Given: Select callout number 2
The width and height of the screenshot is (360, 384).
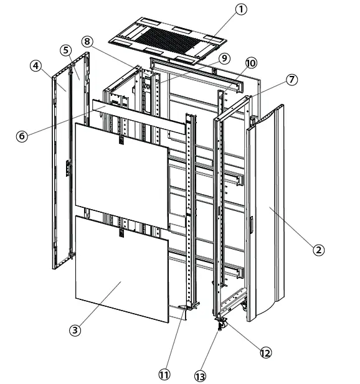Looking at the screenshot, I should [318, 250].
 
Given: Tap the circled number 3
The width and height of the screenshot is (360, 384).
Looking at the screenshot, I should [75, 330].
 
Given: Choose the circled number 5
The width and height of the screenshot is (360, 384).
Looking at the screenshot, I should [65, 50].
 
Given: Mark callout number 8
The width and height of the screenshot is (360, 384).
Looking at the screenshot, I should [87, 41].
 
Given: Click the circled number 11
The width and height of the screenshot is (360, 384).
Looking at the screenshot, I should [164, 374].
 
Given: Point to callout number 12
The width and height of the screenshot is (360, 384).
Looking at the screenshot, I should [265, 352].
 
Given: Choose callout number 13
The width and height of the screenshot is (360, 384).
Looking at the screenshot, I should [201, 376].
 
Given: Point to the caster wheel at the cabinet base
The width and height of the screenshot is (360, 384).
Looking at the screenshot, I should [222, 324].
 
